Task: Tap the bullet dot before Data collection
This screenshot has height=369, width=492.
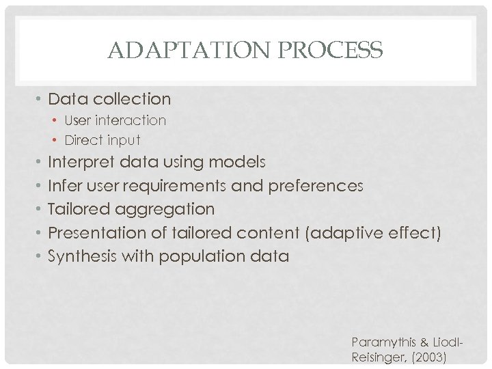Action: pyautogui.click(x=40, y=99)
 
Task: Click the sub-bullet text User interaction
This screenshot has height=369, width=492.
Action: pyautogui.click(x=115, y=120)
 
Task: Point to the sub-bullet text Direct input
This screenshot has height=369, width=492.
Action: pyautogui.click(x=102, y=140)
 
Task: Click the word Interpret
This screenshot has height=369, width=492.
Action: pyautogui.click(x=81, y=162)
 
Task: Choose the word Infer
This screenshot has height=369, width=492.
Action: pyautogui.click(x=64, y=186)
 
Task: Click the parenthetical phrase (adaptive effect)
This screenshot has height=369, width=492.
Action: pyautogui.click(x=374, y=233)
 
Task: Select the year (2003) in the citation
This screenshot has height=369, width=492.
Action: pyautogui.click(x=427, y=356)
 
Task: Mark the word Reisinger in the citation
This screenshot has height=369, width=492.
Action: pyautogui.click(x=377, y=356)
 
